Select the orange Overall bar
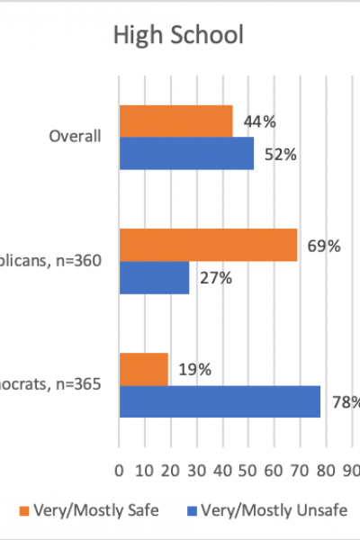coord(175,121)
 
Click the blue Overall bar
coord(186,154)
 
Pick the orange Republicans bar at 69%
coord(208,245)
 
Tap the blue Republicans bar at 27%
coord(154,278)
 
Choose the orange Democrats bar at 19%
coord(144,369)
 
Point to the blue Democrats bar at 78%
coord(220,401)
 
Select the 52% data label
coord(280,154)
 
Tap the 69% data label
coord(323,245)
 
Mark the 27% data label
coord(215,278)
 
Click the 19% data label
coord(194,369)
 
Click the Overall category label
coord(75,137)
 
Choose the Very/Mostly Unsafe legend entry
coord(270,510)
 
